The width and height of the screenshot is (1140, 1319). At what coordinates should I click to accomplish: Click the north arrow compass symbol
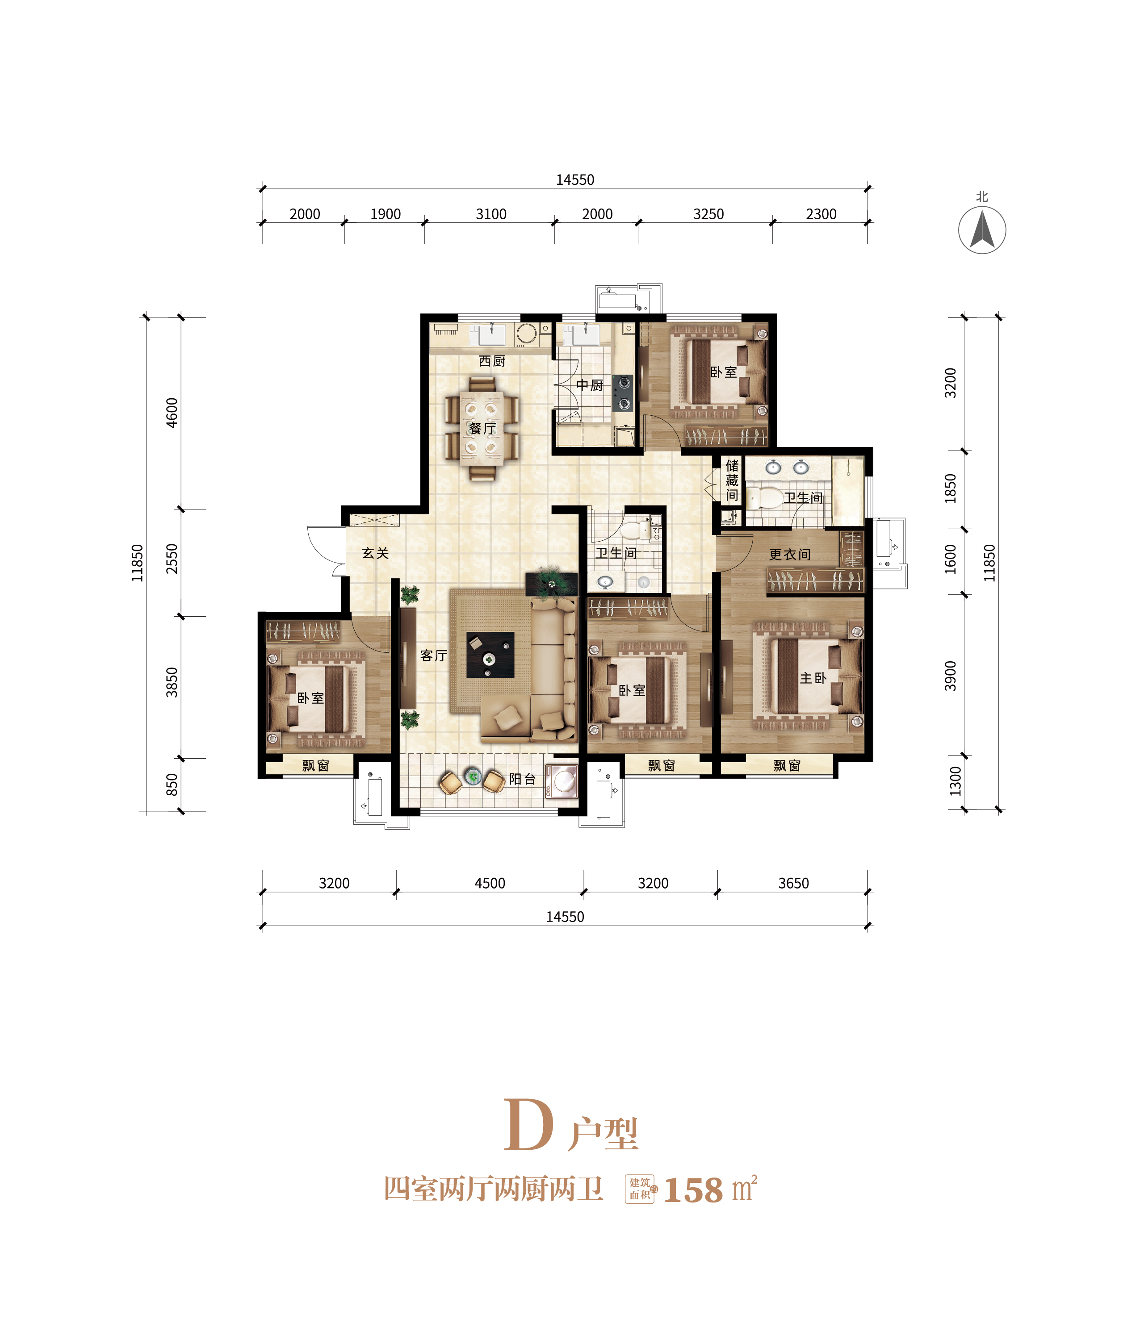click(x=982, y=229)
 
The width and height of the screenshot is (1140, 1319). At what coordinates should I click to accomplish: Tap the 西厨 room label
click(x=492, y=361)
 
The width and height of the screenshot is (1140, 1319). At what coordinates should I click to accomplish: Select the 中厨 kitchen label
click(x=589, y=385)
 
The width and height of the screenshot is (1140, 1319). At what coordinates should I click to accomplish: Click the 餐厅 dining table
click(x=482, y=428)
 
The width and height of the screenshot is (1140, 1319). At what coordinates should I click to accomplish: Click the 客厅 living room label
click(x=434, y=655)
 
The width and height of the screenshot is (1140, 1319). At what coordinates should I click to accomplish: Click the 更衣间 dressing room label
click(x=790, y=555)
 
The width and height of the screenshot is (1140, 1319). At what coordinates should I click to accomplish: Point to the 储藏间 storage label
click(x=732, y=480)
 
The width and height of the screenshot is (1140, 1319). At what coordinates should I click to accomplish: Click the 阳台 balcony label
click(x=522, y=779)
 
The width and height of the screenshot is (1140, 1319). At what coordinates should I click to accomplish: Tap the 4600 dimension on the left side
click(x=172, y=413)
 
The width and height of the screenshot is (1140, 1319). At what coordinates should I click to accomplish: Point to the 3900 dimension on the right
click(x=950, y=676)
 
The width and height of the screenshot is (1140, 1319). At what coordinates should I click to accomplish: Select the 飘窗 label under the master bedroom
click(x=787, y=765)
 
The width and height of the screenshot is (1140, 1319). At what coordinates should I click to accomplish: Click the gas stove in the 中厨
click(x=623, y=393)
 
